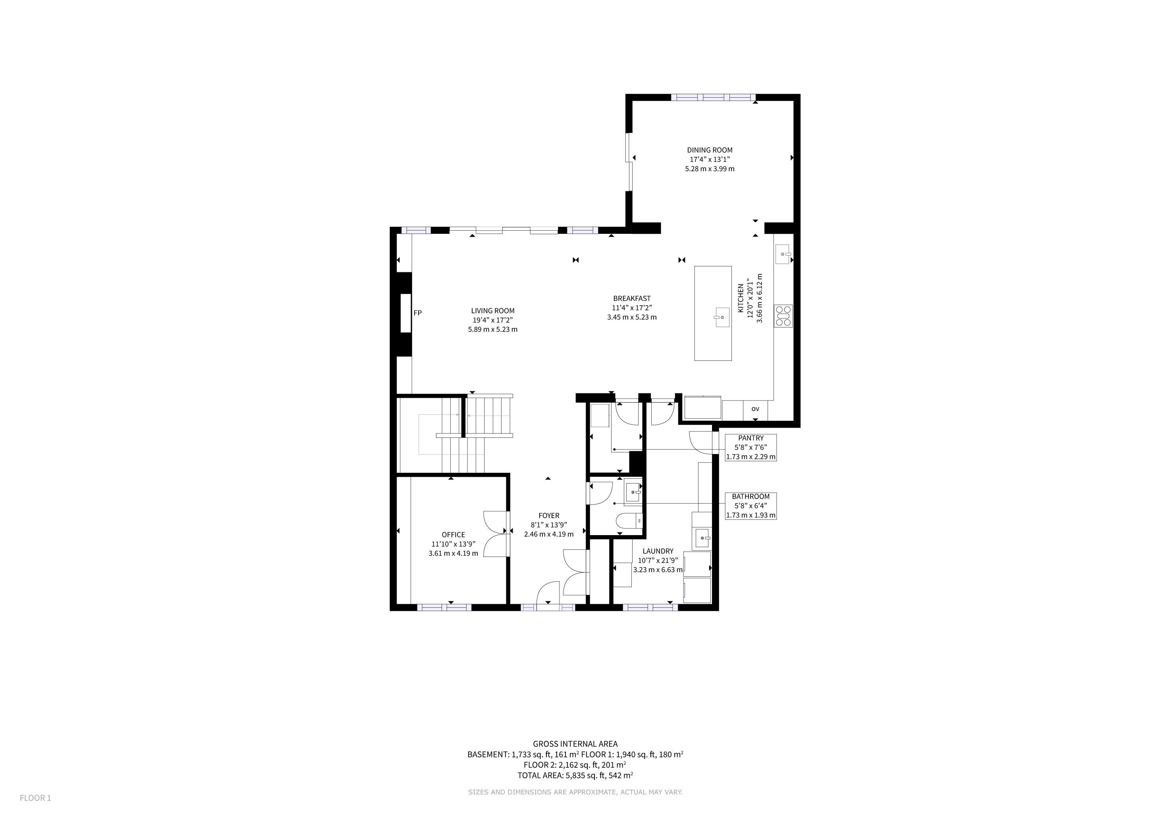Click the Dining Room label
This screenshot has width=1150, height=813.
pyautogui.click(x=709, y=150)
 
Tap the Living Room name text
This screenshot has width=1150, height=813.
pyautogui.click(x=492, y=311)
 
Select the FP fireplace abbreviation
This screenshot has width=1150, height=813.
pyautogui.click(x=418, y=313)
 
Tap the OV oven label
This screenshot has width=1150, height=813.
pyautogui.click(x=755, y=409)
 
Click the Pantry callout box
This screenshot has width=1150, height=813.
pyautogui.click(x=751, y=447)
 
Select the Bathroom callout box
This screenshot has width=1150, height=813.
pyautogui.click(x=751, y=506)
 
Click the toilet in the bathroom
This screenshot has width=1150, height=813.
pyautogui.click(x=629, y=522)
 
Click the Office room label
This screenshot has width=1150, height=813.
pyautogui.click(x=453, y=535)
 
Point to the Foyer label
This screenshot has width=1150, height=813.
pyautogui.click(x=549, y=516)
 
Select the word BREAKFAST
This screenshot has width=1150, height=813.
pyautogui.click(x=632, y=299)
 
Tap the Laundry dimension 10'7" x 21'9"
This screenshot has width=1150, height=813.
pyautogui.click(x=658, y=561)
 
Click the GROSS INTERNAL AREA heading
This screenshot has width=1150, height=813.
pyautogui.click(x=575, y=744)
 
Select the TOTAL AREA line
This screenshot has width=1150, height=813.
pyautogui.click(x=575, y=775)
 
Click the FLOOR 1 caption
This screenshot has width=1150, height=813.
pyautogui.click(x=36, y=798)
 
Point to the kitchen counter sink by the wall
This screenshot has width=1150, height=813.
pyautogui.click(x=783, y=254)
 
